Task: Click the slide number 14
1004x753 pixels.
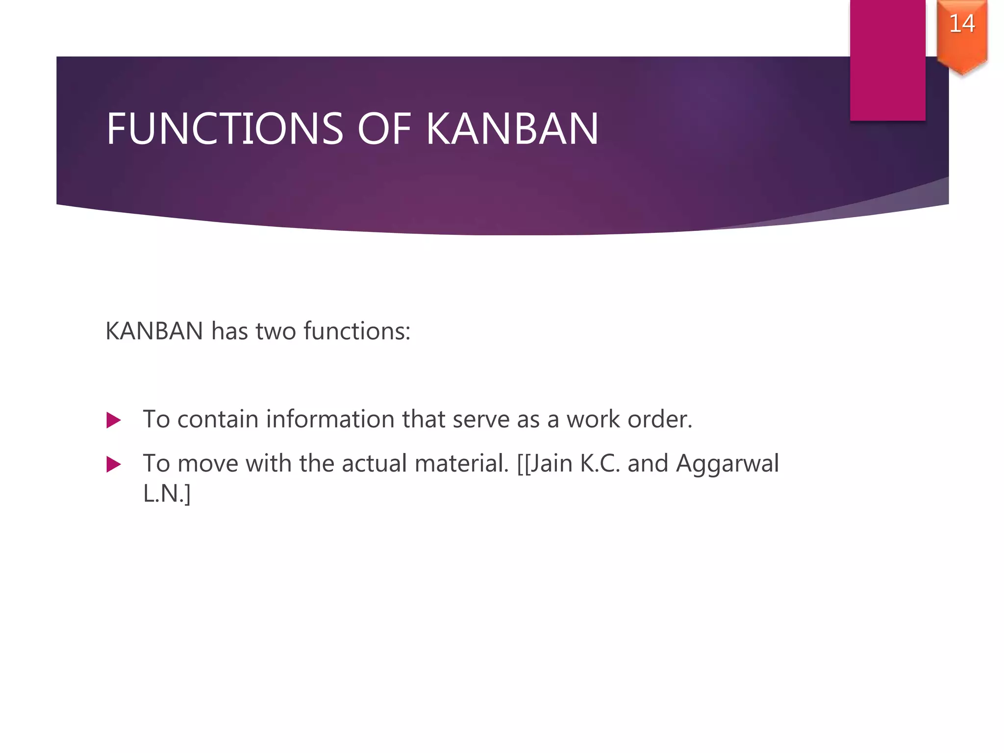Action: (962, 24)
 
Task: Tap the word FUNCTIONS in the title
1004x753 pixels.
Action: (225, 129)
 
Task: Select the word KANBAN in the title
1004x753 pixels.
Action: (512, 129)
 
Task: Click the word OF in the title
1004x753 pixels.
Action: (384, 129)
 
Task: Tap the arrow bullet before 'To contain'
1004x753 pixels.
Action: (113, 420)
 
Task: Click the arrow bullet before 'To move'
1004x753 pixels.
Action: (113, 464)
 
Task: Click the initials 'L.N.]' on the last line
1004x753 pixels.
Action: (167, 493)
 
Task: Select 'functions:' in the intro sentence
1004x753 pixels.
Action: (357, 331)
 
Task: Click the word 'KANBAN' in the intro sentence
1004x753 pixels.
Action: (154, 331)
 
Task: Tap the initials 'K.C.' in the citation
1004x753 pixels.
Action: (600, 463)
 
